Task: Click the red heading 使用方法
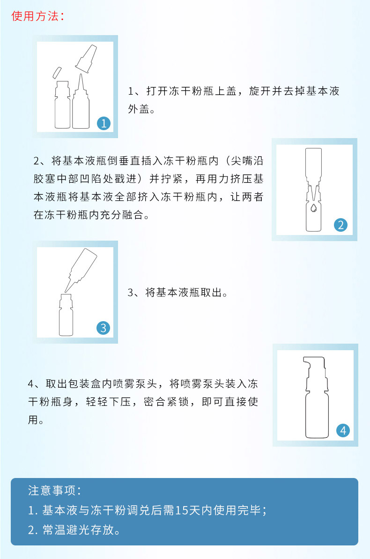click(x=35, y=16)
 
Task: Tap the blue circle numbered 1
click(x=104, y=123)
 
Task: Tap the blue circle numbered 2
click(x=340, y=225)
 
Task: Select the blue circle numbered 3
click(x=103, y=328)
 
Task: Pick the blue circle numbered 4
click(x=343, y=430)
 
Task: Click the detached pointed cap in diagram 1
click(x=86, y=59)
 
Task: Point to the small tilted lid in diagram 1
click(x=57, y=73)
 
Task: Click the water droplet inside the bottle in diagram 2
click(x=313, y=207)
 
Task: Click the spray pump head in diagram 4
click(x=314, y=371)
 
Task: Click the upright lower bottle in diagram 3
click(x=66, y=315)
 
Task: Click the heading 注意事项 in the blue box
click(x=52, y=491)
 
